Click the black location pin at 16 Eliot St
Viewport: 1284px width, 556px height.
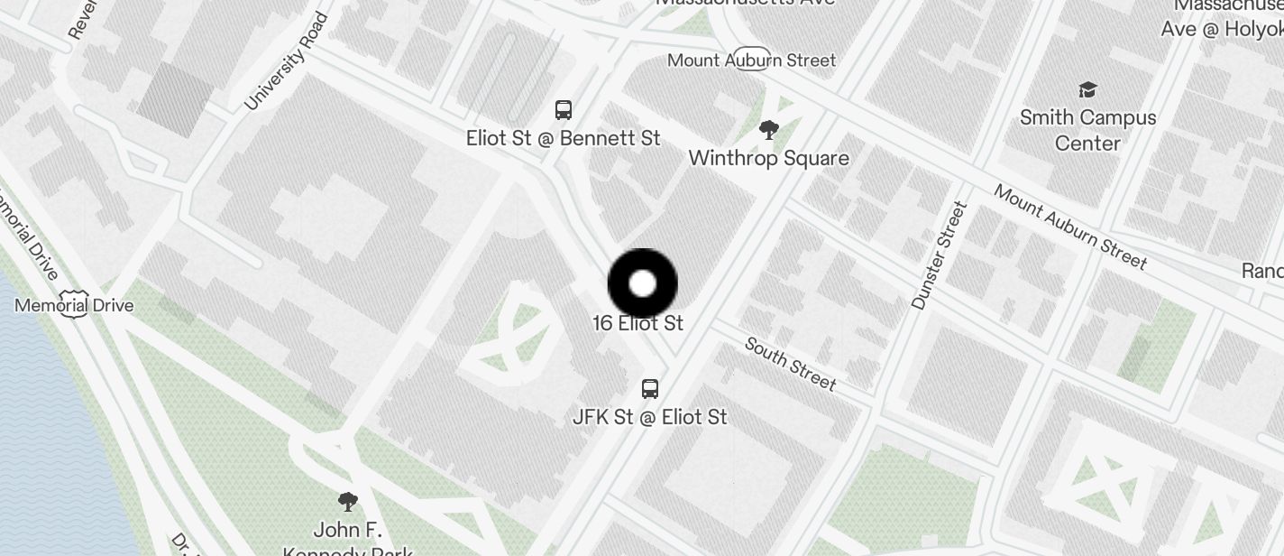coord(642,283)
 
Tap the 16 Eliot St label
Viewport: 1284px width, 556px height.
coord(637,323)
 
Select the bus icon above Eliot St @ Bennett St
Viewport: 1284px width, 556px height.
coord(564,110)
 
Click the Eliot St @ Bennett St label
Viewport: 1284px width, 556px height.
coord(563,139)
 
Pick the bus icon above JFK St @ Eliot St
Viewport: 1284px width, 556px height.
coord(649,389)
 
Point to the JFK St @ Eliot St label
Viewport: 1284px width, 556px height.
coord(649,417)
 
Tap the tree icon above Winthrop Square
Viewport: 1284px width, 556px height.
coord(768,131)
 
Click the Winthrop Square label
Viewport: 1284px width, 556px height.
coord(768,159)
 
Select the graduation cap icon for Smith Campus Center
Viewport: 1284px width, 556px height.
coord(1087,89)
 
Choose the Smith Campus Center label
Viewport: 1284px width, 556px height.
coord(1087,130)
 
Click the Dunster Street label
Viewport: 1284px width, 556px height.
coord(939,255)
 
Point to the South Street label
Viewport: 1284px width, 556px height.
coord(791,363)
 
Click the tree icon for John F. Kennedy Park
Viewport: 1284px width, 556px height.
coord(347,502)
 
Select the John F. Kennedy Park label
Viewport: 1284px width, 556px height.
coord(348,539)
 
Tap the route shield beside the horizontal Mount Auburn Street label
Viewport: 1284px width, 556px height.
coord(752,59)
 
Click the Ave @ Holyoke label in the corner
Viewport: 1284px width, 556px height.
coord(1221,30)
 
